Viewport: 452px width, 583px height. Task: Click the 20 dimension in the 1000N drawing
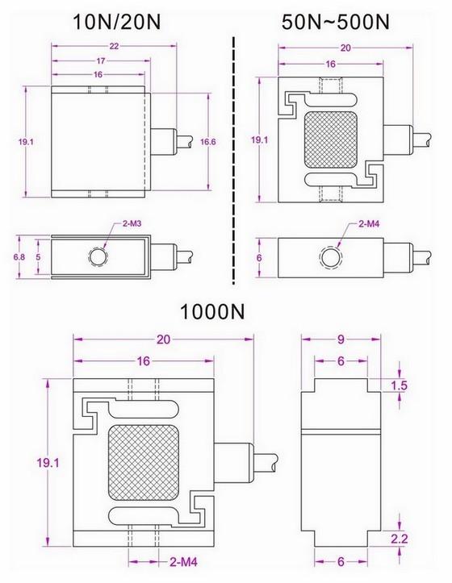(x=165, y=341)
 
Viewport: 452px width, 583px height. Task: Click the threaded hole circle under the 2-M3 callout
(x=98, y=256)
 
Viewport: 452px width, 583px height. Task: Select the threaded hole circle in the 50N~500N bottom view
(x=329, y=259)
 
